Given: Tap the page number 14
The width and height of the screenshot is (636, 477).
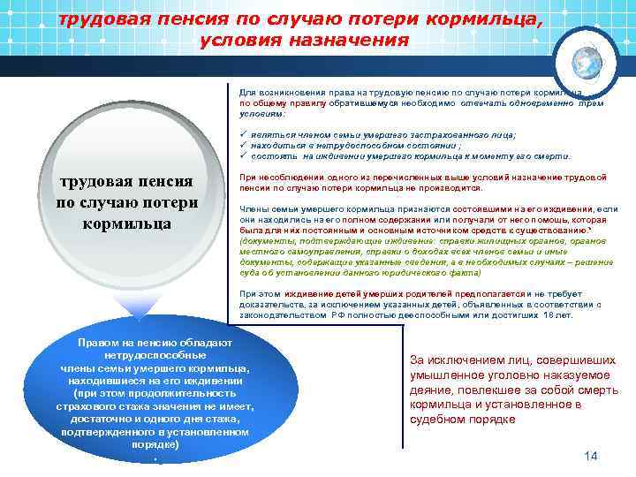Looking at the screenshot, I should click(x=591, y=455).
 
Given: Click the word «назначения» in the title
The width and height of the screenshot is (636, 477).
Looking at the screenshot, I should click(x=358, y=41).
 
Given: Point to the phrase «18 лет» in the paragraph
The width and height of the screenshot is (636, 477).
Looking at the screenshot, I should click(x=557, y=314).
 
